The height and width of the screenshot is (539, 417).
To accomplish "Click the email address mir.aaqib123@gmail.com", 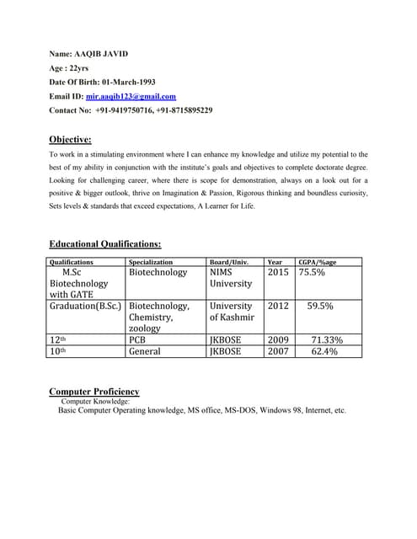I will pos(131,97).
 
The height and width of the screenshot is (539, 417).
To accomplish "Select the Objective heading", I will pos(70,139).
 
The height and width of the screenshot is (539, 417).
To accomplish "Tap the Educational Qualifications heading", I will pos(104,243).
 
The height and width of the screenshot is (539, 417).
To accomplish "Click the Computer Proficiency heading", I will pos(94,392).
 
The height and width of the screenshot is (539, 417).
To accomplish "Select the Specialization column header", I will pos(150,263).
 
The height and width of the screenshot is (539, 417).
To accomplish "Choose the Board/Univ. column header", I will pos(228,263).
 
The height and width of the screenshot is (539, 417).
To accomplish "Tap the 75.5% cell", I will pos(312,273).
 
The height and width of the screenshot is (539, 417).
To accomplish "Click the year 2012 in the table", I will pos(278,307).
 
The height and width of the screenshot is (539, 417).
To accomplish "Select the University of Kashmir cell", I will pos(231,312).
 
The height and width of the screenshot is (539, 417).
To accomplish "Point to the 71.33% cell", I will pos(327,340).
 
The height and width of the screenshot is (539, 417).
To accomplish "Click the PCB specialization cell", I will pos(137,340).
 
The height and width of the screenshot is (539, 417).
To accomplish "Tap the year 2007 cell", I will pos(278,351).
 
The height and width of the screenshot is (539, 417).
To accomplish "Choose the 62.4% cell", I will pos(324,351).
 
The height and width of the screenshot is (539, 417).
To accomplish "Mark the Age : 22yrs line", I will pos(69,68).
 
